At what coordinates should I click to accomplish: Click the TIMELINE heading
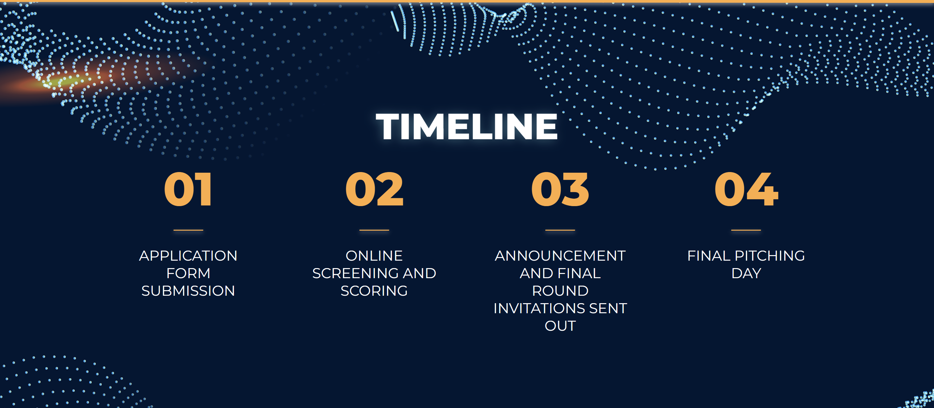(467, 126)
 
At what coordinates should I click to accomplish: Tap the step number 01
(188, 189)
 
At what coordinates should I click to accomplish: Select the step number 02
(374, 189)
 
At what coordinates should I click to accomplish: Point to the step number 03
(560, 189)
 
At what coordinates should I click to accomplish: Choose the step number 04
(746, 189)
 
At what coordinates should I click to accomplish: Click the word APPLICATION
(188, 256)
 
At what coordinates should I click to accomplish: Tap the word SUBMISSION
(188, 291)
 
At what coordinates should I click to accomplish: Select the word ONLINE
(374, 256)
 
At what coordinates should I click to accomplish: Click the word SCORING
(374, 291)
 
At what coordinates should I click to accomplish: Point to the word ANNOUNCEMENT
(560, 256)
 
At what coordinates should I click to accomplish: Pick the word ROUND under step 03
(560, 291)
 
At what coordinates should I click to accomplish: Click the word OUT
(560, 326)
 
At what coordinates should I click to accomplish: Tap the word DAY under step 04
(746, 273)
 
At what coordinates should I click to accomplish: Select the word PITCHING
(770, 256)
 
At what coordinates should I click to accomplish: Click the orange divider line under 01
(188, 230)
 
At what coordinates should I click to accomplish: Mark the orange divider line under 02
(374, 230)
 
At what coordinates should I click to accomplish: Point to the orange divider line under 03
(560, 230)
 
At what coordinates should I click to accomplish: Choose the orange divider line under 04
(746, 230)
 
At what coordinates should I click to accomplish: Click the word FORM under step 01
(188, 273)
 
